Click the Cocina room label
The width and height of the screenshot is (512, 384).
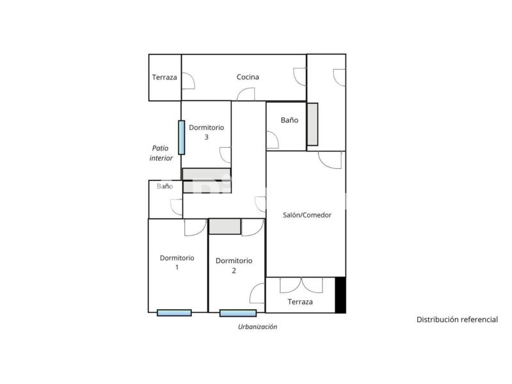pyautogui.click(x=248, y=77)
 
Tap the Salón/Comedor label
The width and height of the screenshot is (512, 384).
pyautogui.click(x=307, y=215)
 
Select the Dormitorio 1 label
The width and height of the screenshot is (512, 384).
pyautogui.click(x=177, y=262)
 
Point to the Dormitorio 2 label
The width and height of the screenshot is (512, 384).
pyautogui.click(x=234, y=266)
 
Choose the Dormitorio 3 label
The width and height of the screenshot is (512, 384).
pyautogui.click(x=206, y=132)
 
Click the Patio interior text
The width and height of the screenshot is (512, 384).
pyautogui.click(x=161, y=153)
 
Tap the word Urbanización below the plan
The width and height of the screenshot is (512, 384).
pyautogui.click(x=257, y=326)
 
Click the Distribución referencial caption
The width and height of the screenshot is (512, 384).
pyautogui.click(x=457, y=319)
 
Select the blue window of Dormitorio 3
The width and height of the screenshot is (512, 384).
pyautogui.click(x=182, y=138)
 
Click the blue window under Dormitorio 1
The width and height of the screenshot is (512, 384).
pyautogui.click(x=174, y=313)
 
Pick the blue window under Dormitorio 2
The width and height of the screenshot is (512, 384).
pyautogui.click(x=238, y=313)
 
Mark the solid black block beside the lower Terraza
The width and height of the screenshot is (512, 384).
pyautogui.click(x=340, y=295)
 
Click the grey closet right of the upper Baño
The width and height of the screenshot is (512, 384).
pyautogui.click(x=312, y=124)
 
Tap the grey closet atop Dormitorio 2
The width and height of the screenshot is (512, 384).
pyautogui.click(x=225, y=227)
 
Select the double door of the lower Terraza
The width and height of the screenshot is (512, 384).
pyautogui.click(x=301, y=285)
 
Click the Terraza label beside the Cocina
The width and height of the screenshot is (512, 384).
pyautogui.click(x=164, y=77)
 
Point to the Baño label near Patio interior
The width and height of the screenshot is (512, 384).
pyautogui.click(x=165, y=186)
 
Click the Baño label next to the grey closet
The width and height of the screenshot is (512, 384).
pyautogui.click(x=289, y=120)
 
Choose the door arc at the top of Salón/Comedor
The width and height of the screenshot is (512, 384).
pyautogui.click(x=330, y=160)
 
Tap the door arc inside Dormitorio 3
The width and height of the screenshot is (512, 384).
pyautogui.click(x=225, y=155)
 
